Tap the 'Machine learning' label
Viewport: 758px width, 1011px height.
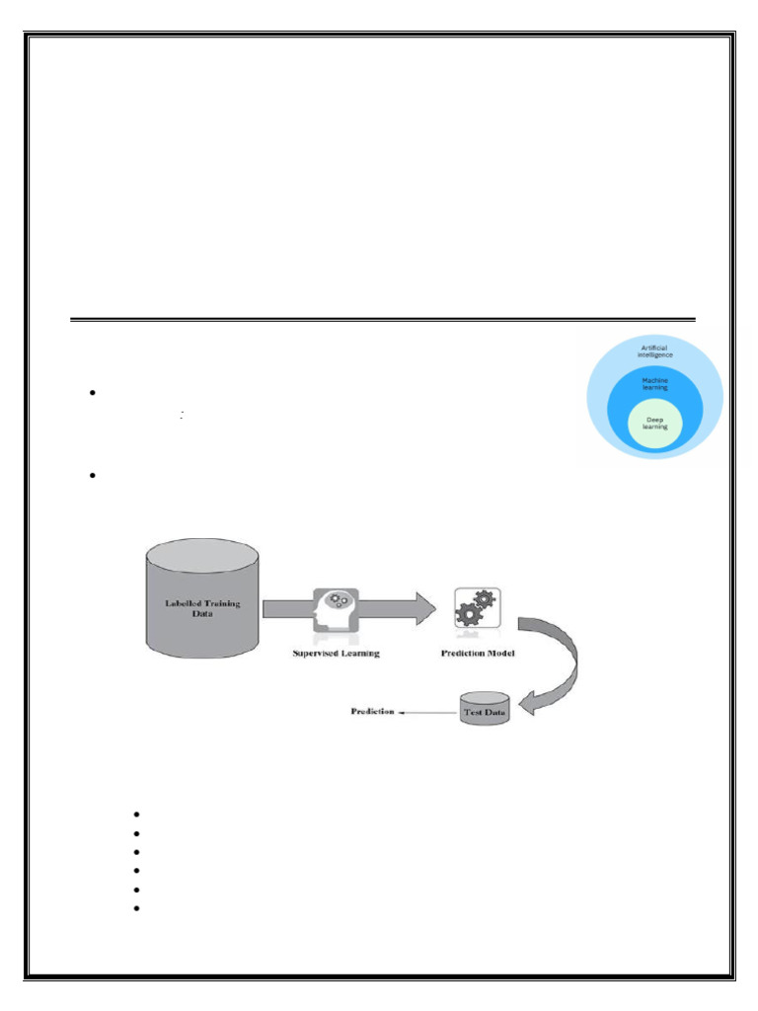[654, 384]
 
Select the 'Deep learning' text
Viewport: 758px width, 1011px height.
[654, 424]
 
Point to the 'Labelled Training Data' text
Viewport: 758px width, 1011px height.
[202, 606]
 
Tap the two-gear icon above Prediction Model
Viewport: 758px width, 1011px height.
[476, 608]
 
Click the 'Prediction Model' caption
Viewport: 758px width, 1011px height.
[478, 653]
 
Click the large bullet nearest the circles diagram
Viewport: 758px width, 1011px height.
[91, 394]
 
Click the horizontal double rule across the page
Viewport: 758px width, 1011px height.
[383, 320]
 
